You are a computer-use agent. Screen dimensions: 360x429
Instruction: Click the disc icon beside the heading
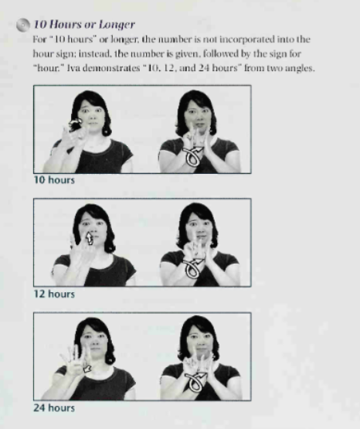point(23,25)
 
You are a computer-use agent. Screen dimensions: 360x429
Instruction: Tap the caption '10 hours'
point(54,180)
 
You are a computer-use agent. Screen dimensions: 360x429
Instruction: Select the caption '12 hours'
point(54,294)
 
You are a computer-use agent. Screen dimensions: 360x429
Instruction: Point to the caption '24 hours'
point(54,408)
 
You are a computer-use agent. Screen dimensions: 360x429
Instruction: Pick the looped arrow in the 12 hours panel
point(195,268)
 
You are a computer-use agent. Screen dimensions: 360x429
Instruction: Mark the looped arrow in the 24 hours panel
point(195,381)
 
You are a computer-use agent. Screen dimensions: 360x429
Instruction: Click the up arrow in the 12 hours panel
point(90,238)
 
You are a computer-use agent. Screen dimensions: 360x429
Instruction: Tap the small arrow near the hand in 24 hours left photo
point(87,369)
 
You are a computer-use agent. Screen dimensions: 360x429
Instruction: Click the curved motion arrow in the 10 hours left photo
point(75,123)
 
